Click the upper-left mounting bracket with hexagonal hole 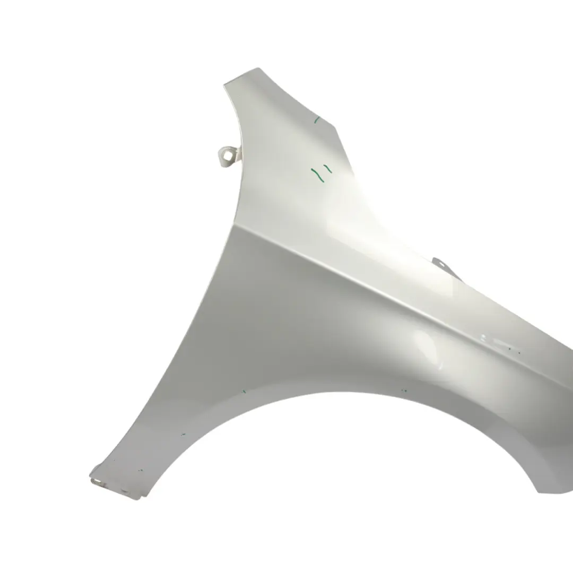click(x=227, y=155)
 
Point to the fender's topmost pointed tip click(x=258, y=68)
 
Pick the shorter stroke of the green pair click(x=328, y=169)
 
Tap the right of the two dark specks click(x=519, y=350)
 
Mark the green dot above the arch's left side click(x=244, y=392)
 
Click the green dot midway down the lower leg click(x=183, y=434)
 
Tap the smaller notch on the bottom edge click(x=125, y=491)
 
